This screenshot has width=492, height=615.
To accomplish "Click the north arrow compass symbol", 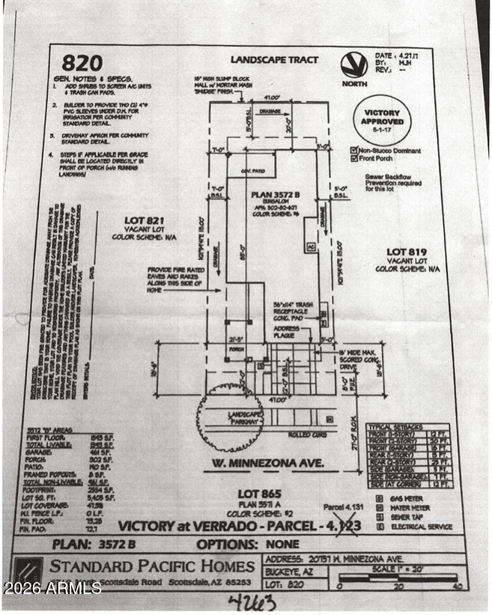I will pos(353,66).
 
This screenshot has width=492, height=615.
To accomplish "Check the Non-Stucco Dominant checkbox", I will pos(353,150).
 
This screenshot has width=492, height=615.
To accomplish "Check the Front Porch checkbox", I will pos(353,159).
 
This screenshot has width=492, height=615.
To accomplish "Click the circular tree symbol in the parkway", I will pos(228,416).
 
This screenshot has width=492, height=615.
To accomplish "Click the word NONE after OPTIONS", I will pos(282,545).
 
